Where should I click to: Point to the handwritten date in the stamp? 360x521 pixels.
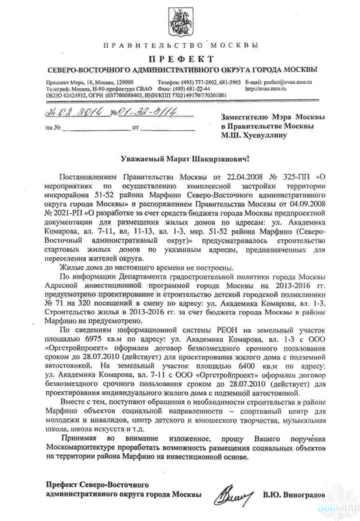tap(73, 111)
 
